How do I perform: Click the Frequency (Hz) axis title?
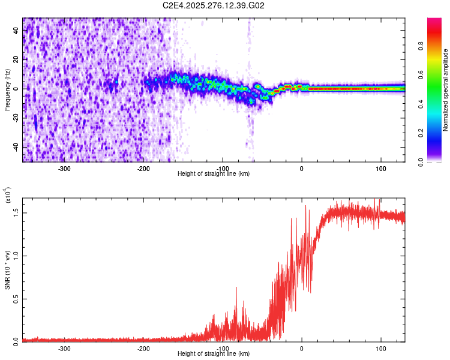[7, 89]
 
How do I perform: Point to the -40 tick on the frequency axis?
[15, 147]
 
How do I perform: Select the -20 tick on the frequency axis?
[15, 118]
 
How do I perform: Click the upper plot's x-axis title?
[214, 173]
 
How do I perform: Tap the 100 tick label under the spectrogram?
[380, 168]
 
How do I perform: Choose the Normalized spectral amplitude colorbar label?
[445, 90]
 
